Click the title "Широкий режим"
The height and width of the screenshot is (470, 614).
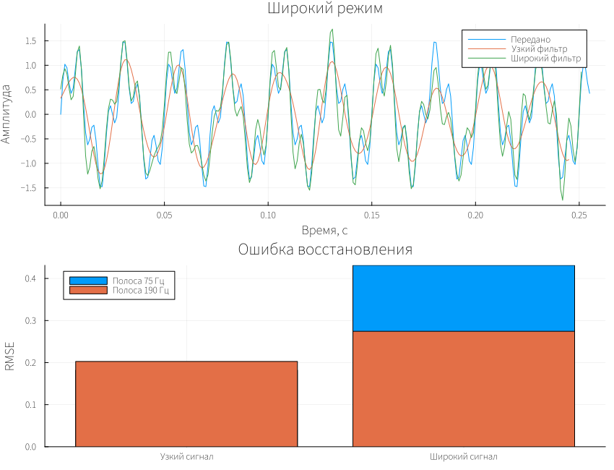point(325,8)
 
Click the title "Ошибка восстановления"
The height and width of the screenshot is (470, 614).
point(325,249)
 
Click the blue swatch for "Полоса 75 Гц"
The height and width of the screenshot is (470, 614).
point(88,281)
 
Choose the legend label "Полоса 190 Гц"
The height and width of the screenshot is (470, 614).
point(141,290)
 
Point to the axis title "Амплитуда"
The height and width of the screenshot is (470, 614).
point(6,114)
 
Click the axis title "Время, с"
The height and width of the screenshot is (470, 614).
point(324,230)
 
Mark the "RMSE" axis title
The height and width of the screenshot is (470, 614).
point(9,356)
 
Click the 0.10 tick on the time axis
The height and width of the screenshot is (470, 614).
point(268,215)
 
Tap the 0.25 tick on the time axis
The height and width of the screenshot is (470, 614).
point(579,215)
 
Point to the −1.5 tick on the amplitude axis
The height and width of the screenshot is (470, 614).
point(28,188)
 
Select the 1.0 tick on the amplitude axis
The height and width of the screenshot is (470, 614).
point(31,66)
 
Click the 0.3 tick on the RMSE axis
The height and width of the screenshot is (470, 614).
point(31,320)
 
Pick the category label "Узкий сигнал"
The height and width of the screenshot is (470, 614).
point(186,457)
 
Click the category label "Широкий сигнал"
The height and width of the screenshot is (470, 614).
point(464,457)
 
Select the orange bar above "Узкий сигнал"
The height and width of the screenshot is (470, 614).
point(186,404)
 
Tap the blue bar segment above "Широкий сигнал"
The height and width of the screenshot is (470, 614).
point(464,299)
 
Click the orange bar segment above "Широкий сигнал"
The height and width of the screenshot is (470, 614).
point(464,389)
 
